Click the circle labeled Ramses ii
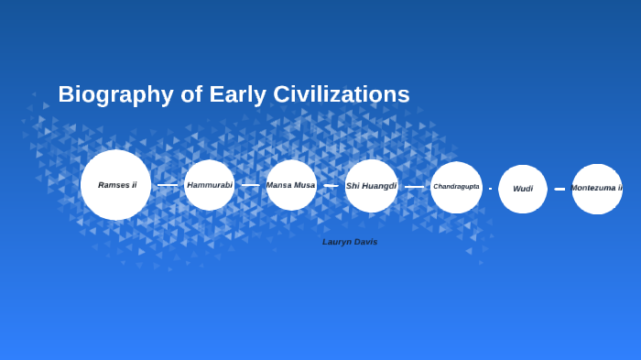[115, 185]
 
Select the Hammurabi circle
[210, 185]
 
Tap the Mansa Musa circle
[291, 185]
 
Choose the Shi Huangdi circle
[371, 186]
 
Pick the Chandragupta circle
[456, 187]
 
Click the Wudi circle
[523, 189]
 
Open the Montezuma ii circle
[597, 189]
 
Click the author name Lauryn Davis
[350, 242]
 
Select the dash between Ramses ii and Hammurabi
[168, 185]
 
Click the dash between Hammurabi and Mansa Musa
[250, 185]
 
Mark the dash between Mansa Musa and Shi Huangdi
[331, 185]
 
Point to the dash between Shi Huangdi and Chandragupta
[414, 187]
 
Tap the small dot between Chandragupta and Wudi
[490, 189]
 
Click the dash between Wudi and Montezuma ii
[560, 189]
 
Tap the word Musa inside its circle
[305, 185]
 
